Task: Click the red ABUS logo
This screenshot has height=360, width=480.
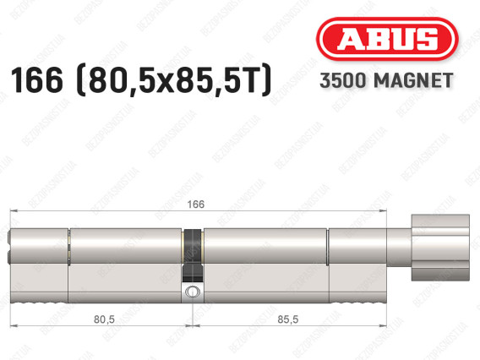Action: click(387, 39)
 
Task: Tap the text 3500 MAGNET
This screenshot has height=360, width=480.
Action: click(386, 80)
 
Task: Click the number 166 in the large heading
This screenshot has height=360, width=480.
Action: click(36, 80)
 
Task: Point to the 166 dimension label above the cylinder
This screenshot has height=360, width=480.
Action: click(195, 205)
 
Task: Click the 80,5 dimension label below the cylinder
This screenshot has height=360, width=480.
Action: click(104, 319)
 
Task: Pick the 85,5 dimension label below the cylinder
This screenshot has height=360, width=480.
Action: click(288, 319)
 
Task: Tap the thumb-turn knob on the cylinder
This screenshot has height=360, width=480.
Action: click(440, 248)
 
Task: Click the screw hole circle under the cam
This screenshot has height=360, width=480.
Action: click(192, 292)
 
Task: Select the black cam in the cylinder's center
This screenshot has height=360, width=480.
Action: click(193, 255)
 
